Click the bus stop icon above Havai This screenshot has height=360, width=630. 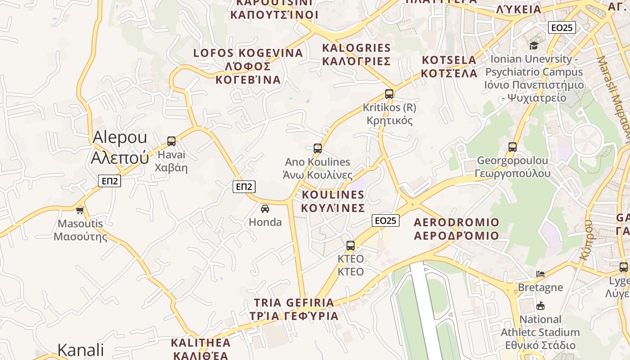171,141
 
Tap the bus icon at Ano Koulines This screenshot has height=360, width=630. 318,148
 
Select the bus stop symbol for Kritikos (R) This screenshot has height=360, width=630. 389,94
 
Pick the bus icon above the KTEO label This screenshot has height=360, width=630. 351,246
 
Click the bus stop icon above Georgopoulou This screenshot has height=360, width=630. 512,147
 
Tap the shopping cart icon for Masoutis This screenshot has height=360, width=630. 80,210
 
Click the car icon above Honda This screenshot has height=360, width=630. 265,209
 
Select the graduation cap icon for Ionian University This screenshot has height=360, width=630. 534,45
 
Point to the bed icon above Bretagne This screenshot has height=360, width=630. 540,274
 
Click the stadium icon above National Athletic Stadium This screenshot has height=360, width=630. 540,306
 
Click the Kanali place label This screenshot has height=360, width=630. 81,350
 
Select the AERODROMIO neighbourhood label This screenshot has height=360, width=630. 456,222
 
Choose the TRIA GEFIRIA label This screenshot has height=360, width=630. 294,302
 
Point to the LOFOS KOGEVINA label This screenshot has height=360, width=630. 248,53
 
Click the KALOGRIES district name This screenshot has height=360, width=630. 356,48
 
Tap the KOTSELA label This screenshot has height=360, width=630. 449,60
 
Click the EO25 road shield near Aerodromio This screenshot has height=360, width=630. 386,220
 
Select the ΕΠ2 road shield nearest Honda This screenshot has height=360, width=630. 244,186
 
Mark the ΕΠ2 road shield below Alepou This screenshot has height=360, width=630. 110,181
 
